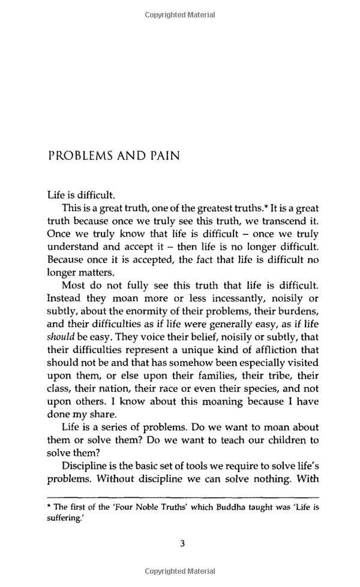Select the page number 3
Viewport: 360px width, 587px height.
point(182,544)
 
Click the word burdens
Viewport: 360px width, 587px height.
point(297,311)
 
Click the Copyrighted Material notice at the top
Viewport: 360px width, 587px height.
point(180,15)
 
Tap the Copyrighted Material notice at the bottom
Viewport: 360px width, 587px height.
point(180,571)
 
